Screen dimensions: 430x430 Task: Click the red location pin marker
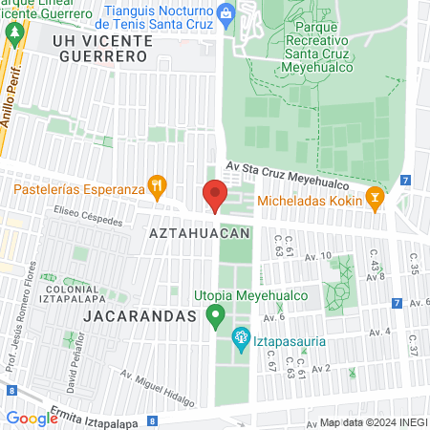point(214,195)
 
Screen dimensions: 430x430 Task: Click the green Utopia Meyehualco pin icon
point(216,314)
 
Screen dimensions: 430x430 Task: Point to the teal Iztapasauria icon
point(240,336)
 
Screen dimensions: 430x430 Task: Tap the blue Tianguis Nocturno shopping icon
point(226,12)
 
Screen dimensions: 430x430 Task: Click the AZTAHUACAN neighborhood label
point(200,232)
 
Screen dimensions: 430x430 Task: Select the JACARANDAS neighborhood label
point(139,313)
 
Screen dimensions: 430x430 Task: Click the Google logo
point(32,418)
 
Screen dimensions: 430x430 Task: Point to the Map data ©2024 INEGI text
point(373,422)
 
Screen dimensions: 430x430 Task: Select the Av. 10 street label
point(317,256)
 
